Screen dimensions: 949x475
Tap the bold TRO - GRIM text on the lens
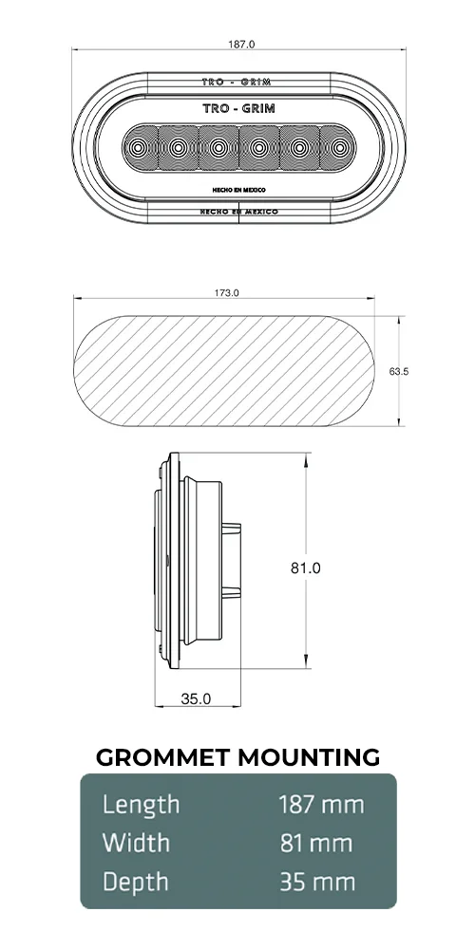pos(239,109)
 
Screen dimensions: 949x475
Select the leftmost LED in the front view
pos(139,147)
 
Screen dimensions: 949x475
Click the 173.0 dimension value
pos(227,293)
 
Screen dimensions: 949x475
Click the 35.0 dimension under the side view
pos(196,698)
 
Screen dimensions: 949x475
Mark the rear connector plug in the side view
pos(234,560)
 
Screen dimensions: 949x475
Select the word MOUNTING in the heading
pos(308,757)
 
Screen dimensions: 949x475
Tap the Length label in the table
pos(141,806)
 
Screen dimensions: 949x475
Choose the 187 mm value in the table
pos(321,806)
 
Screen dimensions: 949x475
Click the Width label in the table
pos(136,844)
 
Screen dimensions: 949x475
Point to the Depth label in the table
pos(136,882)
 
